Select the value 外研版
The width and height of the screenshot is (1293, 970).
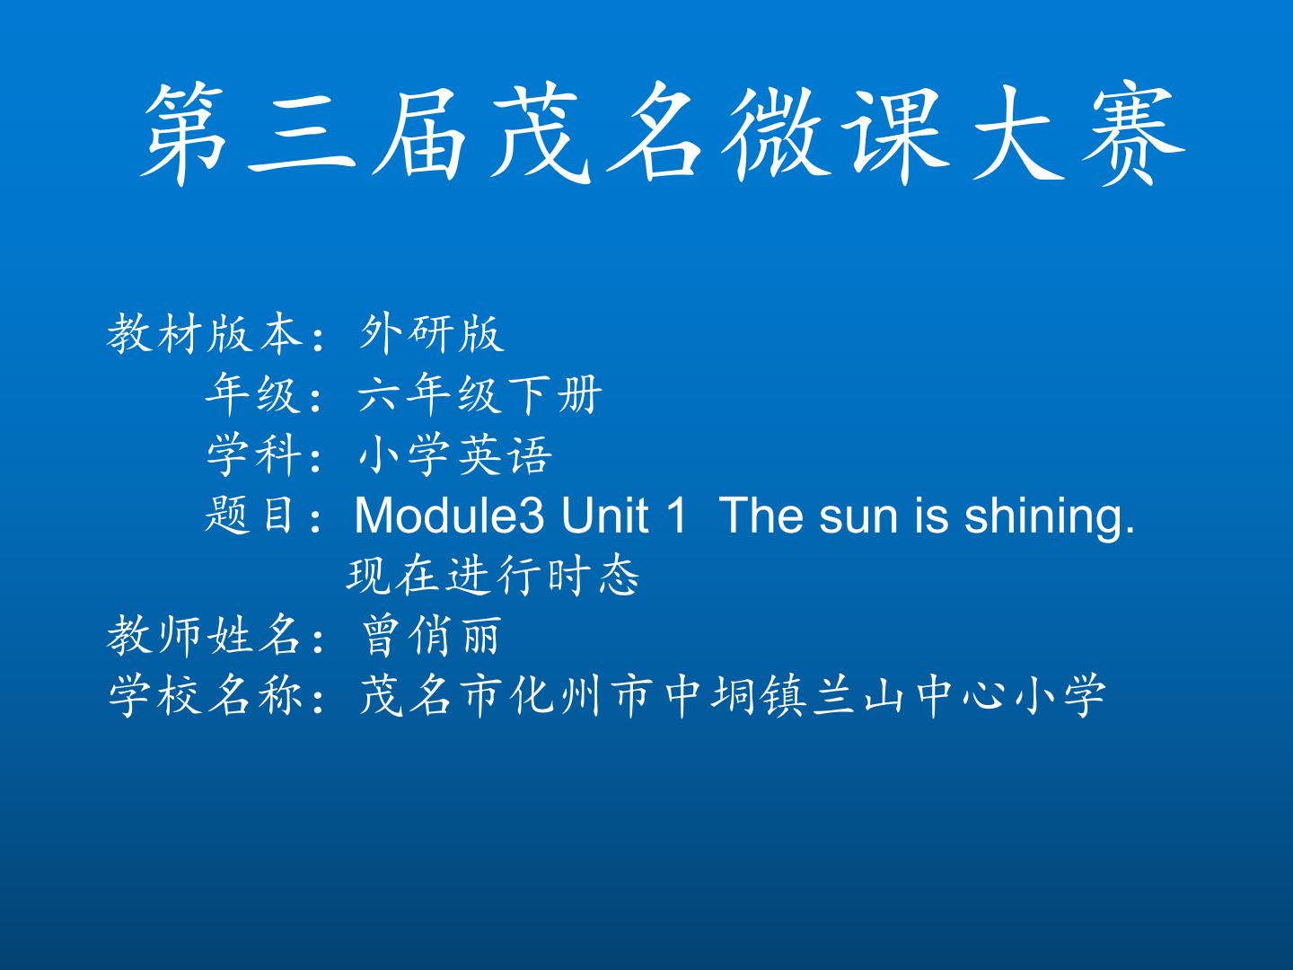click(432, 334)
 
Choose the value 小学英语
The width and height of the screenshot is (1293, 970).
click(455, 455)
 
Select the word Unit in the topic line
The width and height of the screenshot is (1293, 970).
click(604, 516)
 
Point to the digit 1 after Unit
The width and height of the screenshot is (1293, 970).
click(675, 516)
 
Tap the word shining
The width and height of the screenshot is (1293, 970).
click(1049, 518)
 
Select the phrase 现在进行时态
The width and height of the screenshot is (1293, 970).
click(492, 576)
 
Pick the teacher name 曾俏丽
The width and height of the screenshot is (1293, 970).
click(431, 636)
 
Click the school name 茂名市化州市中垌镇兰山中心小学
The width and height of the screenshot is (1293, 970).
click(733, 695)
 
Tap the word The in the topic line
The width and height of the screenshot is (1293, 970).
click(761, 516)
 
